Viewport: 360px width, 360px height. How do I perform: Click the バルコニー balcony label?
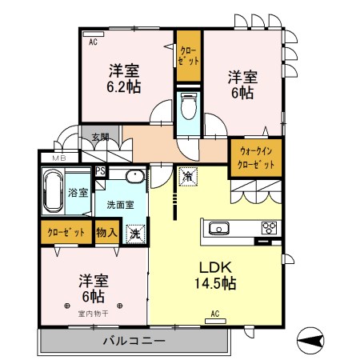(134, 341)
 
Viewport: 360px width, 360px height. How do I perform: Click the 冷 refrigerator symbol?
(189, 175)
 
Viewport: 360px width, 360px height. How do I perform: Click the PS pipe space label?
(101, 171)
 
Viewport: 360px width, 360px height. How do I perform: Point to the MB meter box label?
(59, 158)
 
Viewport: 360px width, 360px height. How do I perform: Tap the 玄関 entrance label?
(100, 137)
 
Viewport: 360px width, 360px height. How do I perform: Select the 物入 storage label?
(106, 234)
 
